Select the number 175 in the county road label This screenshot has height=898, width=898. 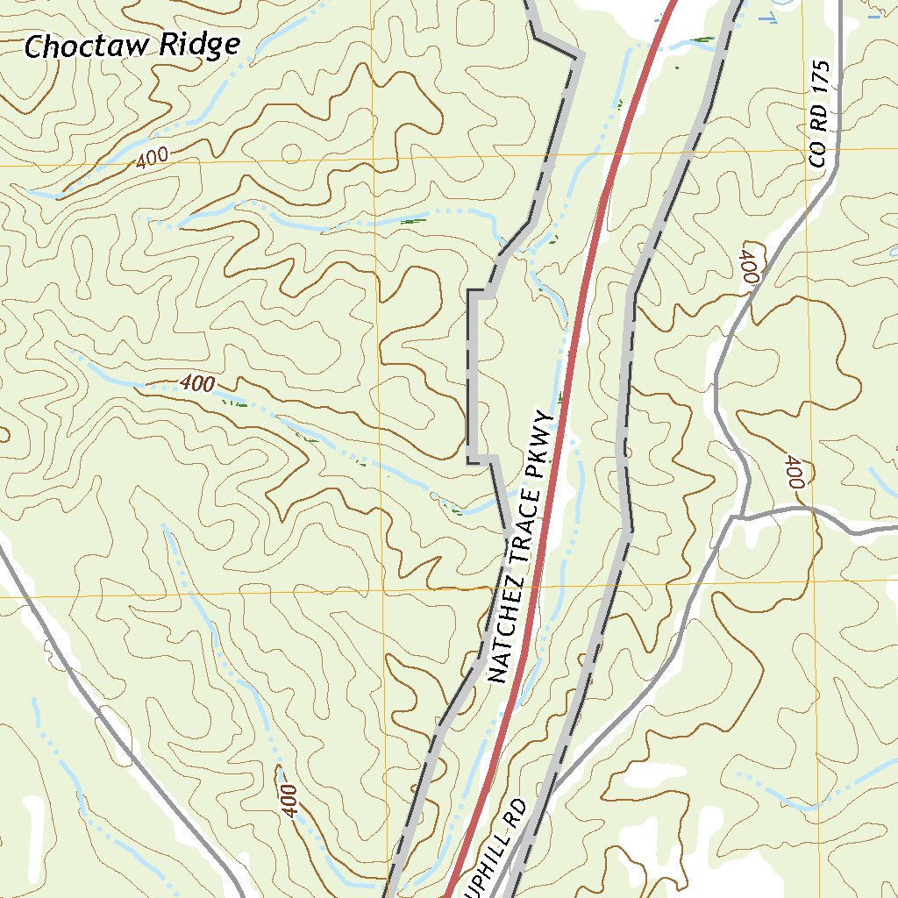(x=820, y=78)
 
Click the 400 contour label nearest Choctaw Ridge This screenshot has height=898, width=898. (x=153, y=159)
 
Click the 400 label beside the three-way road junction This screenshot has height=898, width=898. (x=795, y=472)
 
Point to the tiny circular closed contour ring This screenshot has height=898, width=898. (x=289, y=153)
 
